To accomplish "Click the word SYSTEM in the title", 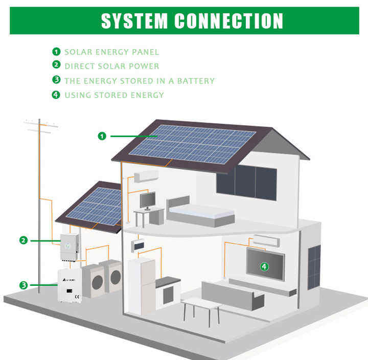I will pyautogui.click(x=134, y=20).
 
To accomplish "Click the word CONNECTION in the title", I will pyautogui.click(x=228, y=20).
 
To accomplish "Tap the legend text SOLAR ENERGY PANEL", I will pyautogui.click(x=111, y=52).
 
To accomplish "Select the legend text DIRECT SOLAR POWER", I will pyautogui.click(x=111, y=66).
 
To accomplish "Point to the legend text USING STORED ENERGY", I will pyautogui.click(x=114, y=95).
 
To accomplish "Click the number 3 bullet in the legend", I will pyautogui.click(x=56, y=80).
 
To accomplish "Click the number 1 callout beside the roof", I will pyautogui.click(x=102, y=136).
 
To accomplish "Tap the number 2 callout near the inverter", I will pyautogui.click(x=24, y=239).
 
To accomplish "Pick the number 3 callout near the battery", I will pyautogui.click(x=24, y=285).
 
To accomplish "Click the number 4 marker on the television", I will pyautogui.click(x=264, y=266).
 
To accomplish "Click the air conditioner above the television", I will pyautogui.click(x=266, y=240).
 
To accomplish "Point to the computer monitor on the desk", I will pyautogui.click(x=147, y=199).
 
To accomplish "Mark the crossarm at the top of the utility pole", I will pyautogui.click(x=41, y=124).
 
